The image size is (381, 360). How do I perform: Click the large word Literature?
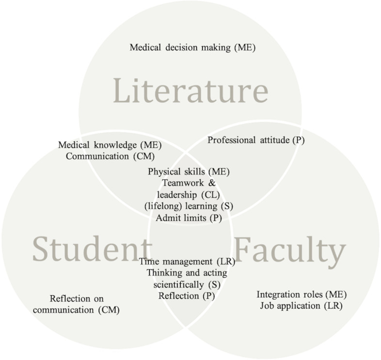pos(190,91)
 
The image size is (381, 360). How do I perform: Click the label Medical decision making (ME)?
pos(192,47)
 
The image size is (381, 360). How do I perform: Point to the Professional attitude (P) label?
pos(256,141)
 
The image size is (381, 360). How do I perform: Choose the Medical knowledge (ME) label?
pos(110,145)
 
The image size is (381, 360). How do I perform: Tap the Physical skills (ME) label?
pos(189,172)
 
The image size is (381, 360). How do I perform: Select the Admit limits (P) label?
pos(189,218)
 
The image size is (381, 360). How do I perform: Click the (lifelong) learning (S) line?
pos(189,206)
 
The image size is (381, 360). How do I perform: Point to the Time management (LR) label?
pos(187,262)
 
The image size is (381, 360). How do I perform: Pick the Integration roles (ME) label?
pos(302,295)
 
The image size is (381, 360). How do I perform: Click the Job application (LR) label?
pos(302,306)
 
